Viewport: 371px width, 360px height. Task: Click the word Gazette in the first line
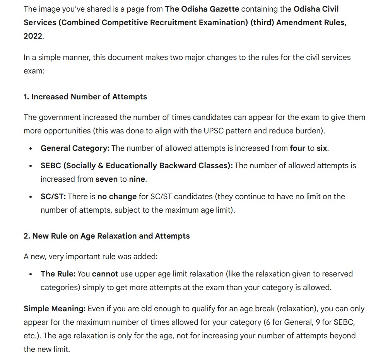(221, 9)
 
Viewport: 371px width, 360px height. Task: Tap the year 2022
(33, 36)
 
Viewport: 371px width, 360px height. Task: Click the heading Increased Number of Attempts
(89, 97)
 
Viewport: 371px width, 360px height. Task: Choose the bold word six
(322, 148)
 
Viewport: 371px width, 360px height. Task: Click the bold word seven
(106, 179)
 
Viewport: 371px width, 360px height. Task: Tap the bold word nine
(137, 179)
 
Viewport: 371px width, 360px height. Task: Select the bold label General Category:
(75, 148)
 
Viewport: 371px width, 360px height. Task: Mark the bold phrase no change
(117, 196)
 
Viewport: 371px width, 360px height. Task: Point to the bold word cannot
(105, 274)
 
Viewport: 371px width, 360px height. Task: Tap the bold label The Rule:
(58, 274)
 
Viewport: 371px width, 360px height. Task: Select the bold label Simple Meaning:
(54, 309)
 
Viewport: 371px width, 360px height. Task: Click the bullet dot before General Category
(31, 148)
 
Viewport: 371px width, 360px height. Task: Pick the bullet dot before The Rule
(31, 274)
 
